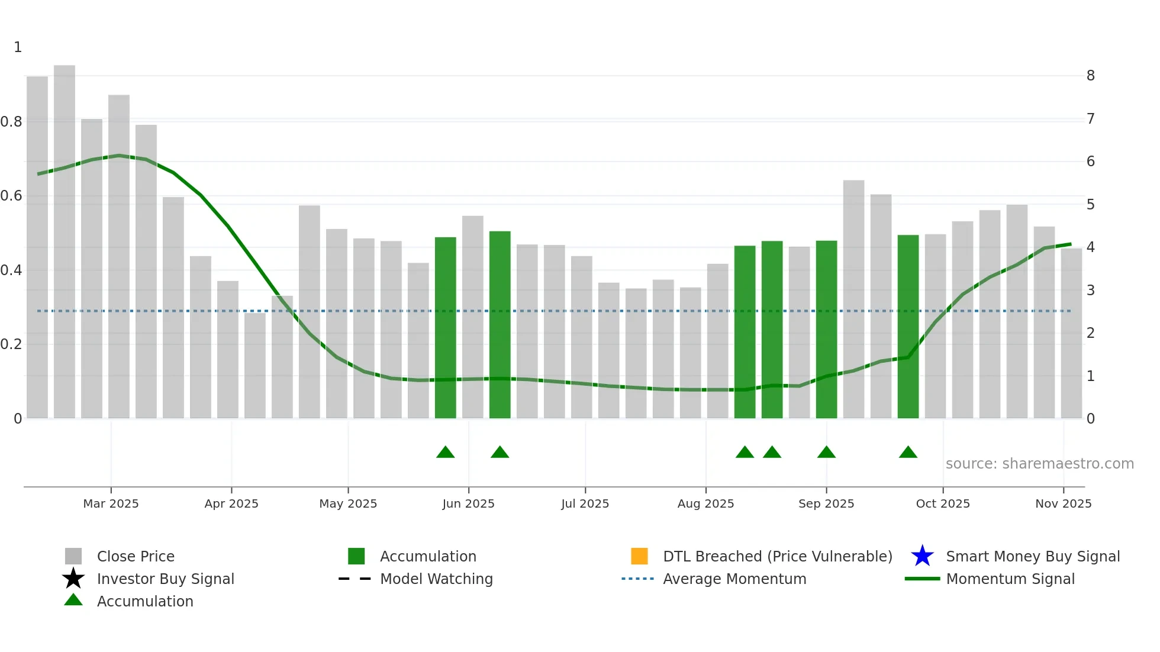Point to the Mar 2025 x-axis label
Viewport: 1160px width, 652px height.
click(111, 503)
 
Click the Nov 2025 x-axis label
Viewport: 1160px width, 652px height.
click(1063, 503)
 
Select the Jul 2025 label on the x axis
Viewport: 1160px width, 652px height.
click(585, 503)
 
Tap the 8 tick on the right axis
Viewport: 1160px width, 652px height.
click(1090, 76)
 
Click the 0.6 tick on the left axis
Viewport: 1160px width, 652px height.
click(12, 196)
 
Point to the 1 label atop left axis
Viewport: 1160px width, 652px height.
click(18, 47)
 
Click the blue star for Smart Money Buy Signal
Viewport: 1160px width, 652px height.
click(922, 556)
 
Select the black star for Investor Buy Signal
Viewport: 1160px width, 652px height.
click(73, 579)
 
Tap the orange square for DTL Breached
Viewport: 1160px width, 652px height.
click(639, 556)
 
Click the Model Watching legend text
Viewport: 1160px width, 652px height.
click(436, 579)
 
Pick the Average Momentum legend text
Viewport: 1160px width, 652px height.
click(734, 579)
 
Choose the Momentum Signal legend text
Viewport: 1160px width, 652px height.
click(1010, 579)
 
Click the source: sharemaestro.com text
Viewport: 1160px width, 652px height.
click(1039, 464)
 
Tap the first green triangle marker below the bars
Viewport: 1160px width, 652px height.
click(445, 453)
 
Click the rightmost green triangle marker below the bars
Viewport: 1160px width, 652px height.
click(908, 453)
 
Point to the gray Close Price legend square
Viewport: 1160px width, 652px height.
click(73, 556)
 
